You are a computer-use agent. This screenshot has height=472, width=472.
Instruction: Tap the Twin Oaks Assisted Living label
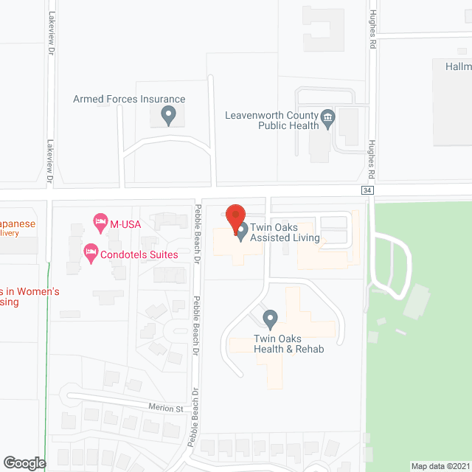285,232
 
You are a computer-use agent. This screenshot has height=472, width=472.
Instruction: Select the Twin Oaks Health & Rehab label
278,344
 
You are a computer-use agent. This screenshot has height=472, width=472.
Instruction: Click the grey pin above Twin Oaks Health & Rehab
270,319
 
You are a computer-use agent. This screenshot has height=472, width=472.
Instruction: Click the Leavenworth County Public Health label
270,120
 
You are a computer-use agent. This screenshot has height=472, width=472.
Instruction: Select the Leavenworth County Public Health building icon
327,117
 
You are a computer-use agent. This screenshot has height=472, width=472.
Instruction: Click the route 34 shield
367,190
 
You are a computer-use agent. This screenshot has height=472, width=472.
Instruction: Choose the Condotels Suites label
140,254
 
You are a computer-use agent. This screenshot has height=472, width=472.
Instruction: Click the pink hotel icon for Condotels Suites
91,254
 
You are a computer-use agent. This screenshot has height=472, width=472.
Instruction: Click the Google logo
24,463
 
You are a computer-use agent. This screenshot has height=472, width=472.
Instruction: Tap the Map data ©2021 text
439,465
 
